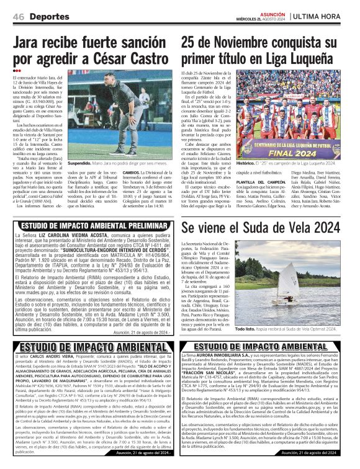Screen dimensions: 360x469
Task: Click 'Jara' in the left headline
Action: pos(30,43)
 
